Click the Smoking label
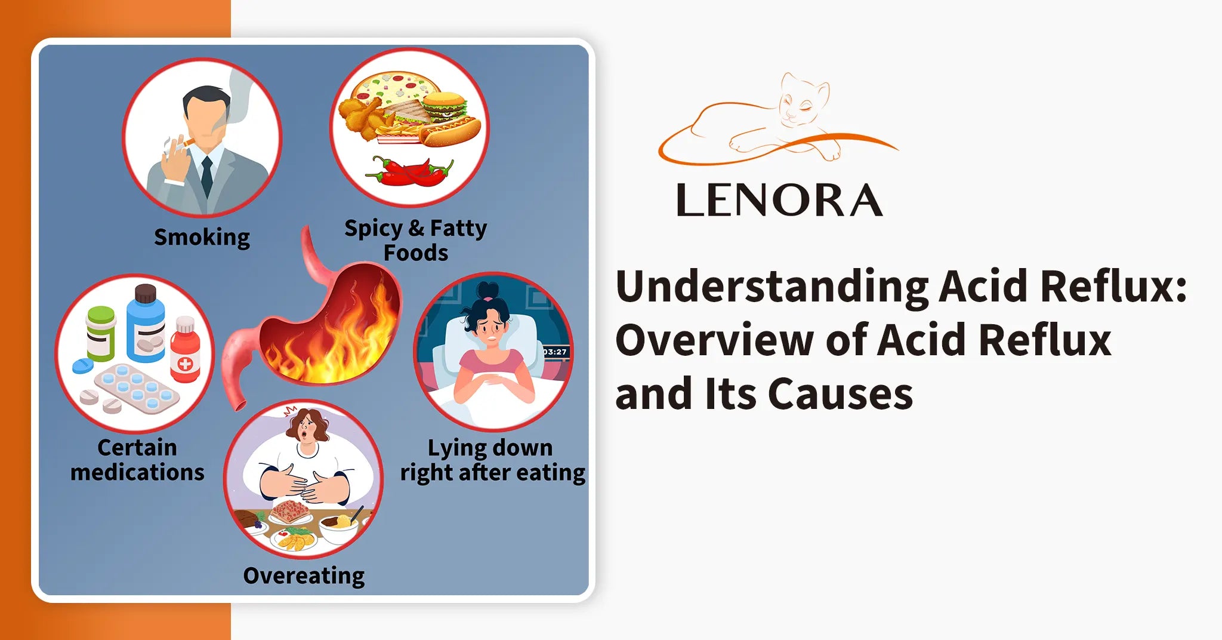pyautogui.click(x=202, y=237)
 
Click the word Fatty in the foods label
pyautogui.click(x=458, y=228)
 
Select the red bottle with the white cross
pyautogui.click(x=185, y=352)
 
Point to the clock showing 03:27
pyautogui.click(x=554, y=352)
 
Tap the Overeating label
pyautogui.click(x=304, y=576)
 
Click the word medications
pyautogui.click(x=137, y=472)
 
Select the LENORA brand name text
pyautogui.click(x=779, y=201)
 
